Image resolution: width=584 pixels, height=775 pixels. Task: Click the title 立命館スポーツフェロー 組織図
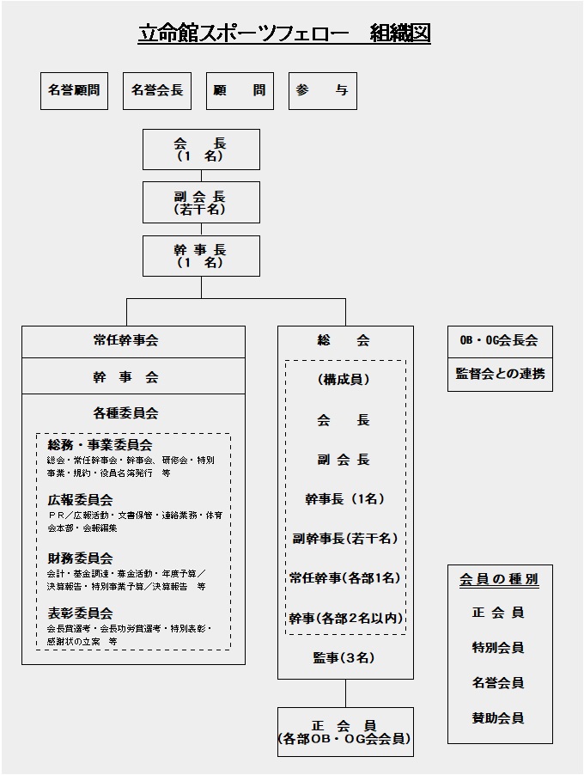(284, 34)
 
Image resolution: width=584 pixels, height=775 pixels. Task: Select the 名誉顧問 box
(76, 90)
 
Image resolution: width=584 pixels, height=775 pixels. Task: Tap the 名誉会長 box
(157, 90)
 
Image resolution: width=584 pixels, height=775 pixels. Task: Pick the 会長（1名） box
(201, 149)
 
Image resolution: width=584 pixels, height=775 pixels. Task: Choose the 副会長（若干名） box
(201, 202)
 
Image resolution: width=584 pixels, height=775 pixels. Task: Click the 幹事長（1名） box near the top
(201, 255)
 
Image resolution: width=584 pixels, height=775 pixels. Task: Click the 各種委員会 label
(126, 413)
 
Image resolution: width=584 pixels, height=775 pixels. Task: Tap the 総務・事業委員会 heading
(100, 445)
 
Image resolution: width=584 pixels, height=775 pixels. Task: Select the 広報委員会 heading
(81, 500)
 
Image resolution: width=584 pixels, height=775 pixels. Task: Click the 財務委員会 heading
(81, 558)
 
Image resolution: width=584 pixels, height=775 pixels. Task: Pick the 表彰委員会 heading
(81, 613)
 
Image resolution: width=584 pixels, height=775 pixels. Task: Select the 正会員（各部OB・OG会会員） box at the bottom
(344, 732)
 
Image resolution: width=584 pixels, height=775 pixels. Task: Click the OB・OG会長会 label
(499, 340)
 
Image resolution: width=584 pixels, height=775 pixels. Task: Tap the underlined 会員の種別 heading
(499, 579)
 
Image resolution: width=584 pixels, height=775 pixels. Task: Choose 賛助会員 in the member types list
(498, 718)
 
